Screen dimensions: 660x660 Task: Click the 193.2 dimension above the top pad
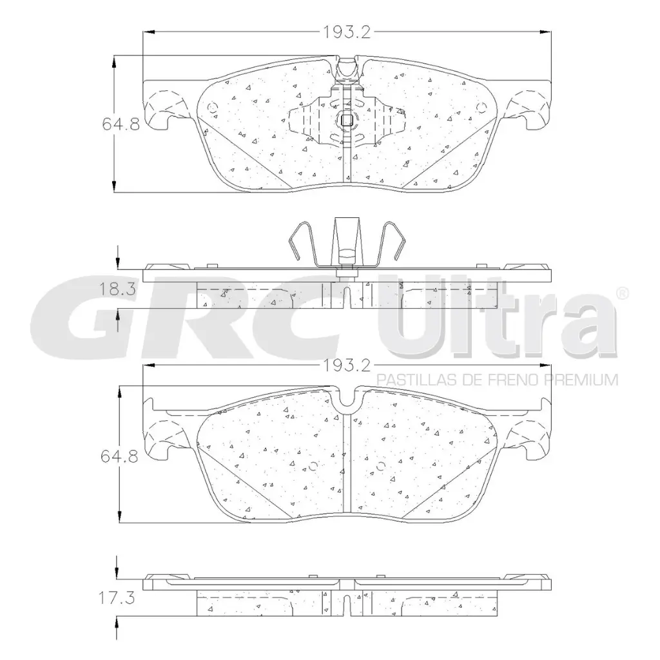345,30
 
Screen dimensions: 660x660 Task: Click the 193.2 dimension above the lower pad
345,366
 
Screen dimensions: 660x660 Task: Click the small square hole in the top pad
346,119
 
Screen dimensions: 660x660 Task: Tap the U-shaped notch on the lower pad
349,401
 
